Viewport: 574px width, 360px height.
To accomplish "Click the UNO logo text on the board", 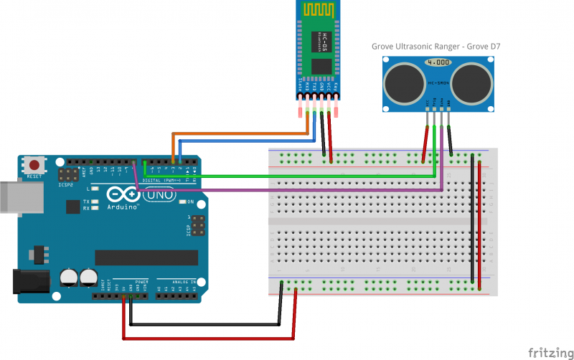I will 160,194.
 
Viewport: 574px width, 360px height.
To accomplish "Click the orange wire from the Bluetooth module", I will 237,133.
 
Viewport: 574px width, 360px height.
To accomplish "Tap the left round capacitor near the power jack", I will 70,276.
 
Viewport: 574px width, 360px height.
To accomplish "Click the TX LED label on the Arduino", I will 85,202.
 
